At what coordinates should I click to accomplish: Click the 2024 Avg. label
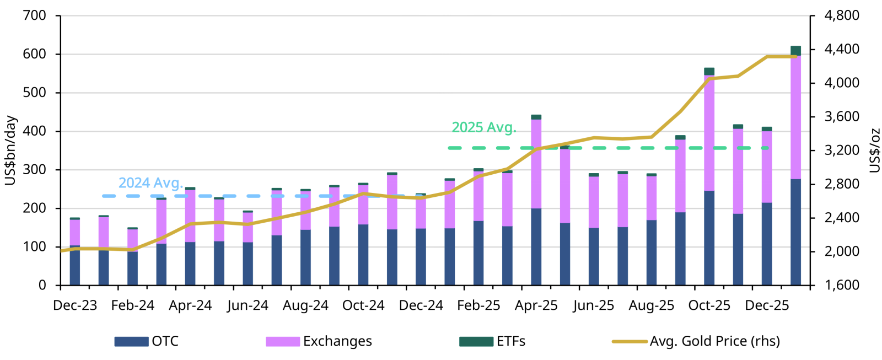(x=150, y=183)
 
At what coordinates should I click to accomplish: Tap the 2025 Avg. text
(x=483, y=127)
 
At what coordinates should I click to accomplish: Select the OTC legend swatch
(x=131, y=341)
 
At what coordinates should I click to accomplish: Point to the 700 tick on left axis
(x=35, y=15)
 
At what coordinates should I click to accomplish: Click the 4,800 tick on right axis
(x=841, y=15)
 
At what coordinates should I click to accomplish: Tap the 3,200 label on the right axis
(x=841, y=151)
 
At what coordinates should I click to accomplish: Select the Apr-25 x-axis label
(x=536, y=305)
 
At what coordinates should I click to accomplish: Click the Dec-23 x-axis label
(x=75, y=305)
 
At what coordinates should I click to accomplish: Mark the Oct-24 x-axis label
(x=363, y=305)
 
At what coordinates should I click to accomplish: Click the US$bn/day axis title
(x=10, y=150)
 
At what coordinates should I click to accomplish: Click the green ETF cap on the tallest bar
(x=795, y=51)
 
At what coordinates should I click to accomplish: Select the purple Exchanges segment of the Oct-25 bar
(x=709, y=132)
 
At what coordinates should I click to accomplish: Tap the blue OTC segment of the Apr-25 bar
(x=536, y=246)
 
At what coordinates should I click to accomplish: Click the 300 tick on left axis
(x=35, y=170)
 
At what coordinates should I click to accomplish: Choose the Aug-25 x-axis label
(x=651, y=305)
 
